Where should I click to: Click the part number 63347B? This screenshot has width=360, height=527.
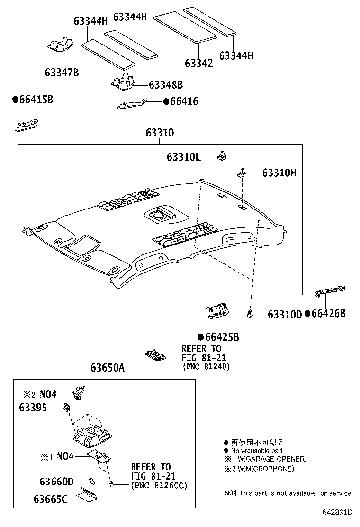point(62,73)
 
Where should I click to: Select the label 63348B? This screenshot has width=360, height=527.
point(165,85)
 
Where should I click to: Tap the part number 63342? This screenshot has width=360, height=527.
point(198,63)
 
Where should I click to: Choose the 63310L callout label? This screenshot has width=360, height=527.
point(183,156)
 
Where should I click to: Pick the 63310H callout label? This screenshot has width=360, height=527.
point(279,173)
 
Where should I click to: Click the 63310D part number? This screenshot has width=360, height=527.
point(284,314)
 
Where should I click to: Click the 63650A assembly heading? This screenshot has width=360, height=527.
point(108,368)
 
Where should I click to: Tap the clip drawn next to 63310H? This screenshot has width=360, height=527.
point(243,173)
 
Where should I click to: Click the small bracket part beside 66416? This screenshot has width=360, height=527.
point(133,104)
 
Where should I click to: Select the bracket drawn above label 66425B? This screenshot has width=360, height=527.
point(216,311)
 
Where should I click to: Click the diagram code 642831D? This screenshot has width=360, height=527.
point(338,512)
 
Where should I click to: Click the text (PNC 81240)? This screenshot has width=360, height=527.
point(206,366)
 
